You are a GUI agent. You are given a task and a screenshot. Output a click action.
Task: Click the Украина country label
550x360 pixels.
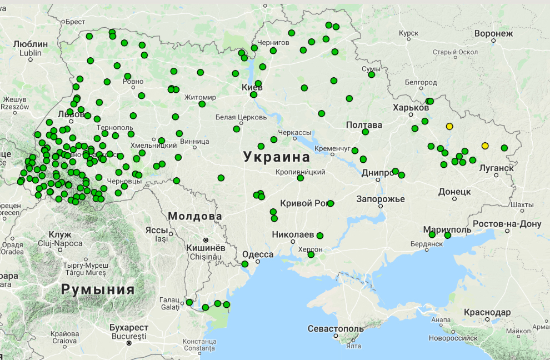276,157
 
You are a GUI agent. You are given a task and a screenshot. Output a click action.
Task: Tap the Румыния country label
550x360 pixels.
98,289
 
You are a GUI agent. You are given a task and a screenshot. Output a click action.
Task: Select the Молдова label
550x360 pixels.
195,216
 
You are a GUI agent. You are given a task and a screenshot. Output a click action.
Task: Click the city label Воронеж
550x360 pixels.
493,33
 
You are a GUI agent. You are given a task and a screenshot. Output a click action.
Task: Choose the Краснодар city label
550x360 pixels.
487,312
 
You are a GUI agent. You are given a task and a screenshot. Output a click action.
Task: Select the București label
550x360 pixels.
128,336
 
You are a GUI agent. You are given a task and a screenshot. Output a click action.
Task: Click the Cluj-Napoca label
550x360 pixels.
60,243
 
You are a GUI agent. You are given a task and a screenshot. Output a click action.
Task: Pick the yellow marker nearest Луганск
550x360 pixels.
485,146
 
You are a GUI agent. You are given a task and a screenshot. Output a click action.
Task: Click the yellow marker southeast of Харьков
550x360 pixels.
449,126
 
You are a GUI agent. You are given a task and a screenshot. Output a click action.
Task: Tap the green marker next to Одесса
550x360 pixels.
244,264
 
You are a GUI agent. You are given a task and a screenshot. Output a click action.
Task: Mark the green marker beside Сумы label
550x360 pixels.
371,74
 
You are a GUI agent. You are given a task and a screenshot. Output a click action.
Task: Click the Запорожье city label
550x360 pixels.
381,199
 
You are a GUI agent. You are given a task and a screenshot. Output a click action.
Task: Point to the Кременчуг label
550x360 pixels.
332,149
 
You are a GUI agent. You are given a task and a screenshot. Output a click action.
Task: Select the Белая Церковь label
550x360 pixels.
241,117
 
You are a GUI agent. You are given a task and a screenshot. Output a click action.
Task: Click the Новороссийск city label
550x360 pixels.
453,337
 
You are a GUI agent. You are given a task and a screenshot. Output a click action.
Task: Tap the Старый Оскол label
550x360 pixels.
455,52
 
